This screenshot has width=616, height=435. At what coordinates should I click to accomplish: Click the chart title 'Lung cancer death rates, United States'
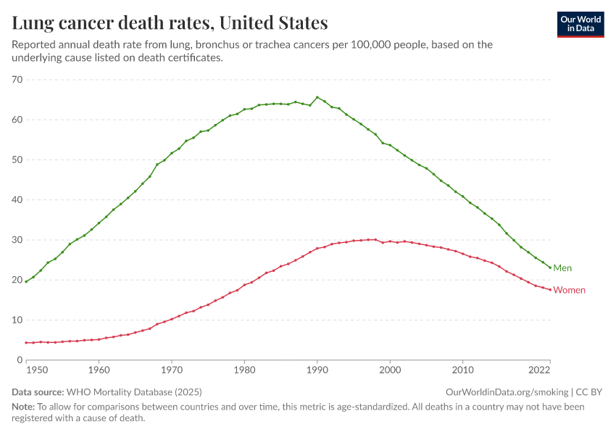coord(170,23)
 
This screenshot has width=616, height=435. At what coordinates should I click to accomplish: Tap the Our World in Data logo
coord(580,24)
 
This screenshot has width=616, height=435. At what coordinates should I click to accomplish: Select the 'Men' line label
coord(562,268)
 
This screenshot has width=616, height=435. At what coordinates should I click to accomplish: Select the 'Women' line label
coord(569,290)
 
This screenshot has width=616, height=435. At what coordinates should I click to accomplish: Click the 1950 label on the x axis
coord(36,370)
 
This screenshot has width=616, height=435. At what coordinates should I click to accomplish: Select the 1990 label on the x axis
coord(317,370)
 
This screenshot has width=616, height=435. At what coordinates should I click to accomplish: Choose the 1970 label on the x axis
coord(171,370)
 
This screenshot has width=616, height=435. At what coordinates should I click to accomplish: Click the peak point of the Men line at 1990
coord(317,97)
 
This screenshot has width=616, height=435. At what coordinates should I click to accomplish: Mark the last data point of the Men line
coord(550,268)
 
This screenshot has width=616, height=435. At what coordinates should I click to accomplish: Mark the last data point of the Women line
coord(550,290)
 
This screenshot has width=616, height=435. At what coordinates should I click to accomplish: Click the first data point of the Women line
coord(26,343)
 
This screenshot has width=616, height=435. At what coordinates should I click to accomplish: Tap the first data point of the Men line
coord(26,281)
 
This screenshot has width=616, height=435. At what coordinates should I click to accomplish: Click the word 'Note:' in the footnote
coord(25,407)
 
